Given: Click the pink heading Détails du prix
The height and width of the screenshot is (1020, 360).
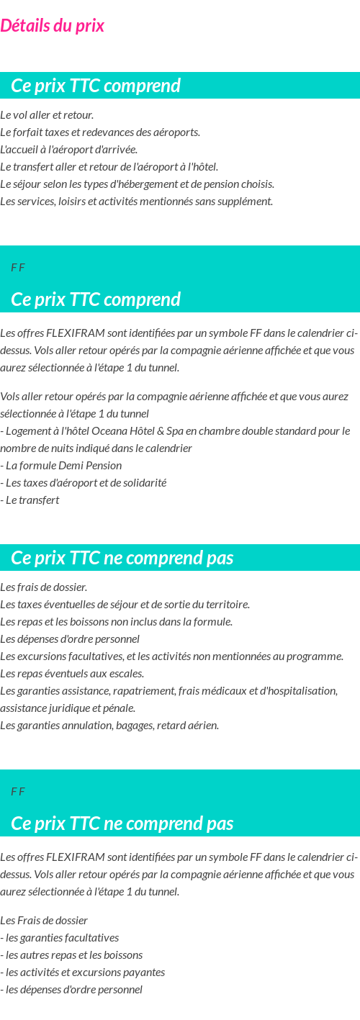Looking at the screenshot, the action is [53, 26].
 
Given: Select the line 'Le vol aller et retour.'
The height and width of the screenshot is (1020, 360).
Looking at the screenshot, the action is [47, 115].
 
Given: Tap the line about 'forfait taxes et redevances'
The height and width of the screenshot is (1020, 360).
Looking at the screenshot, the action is [100, 132].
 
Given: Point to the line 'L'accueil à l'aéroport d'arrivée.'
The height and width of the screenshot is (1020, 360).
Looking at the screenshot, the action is [68, 150].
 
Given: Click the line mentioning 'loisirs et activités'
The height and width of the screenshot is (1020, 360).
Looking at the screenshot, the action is [136, 202].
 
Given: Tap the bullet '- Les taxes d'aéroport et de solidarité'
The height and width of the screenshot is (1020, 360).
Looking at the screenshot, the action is [83, 483].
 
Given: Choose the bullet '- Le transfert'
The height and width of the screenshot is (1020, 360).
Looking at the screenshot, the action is [32, 500].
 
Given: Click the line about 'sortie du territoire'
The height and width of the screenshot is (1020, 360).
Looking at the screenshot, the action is [125, 605].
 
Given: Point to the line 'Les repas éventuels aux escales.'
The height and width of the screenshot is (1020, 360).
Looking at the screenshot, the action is [72, 674].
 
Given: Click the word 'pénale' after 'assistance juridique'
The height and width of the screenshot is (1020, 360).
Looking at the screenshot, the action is [120, 708].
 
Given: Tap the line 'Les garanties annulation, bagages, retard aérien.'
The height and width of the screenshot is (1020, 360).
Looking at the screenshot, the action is [109, 726].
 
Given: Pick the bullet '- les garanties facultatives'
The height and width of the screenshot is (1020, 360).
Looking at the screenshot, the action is [60, 938].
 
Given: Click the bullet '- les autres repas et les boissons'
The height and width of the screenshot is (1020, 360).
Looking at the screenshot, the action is [71, 955].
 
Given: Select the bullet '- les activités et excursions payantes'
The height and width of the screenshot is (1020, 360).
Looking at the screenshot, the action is [83, 972].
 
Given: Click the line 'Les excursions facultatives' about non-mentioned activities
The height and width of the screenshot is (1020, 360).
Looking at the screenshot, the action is [171, 656].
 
